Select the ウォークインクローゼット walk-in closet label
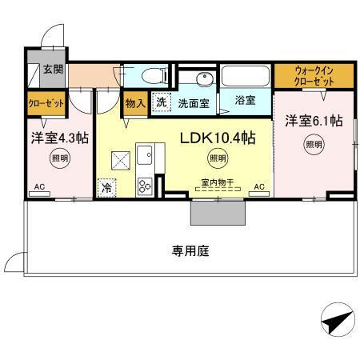[x=314, y=77]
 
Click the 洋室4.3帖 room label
[x=60, y=138]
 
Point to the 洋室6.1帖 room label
[x=314, y=121]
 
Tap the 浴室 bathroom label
[x=246, y=101]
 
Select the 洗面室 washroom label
[x=193, y=102]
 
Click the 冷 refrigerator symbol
[x=106, y=188]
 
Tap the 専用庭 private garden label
[x=190, y=251]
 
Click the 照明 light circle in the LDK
[x=217, y=158]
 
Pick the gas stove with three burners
[x=146, y=186]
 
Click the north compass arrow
[x=336, y=322]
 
